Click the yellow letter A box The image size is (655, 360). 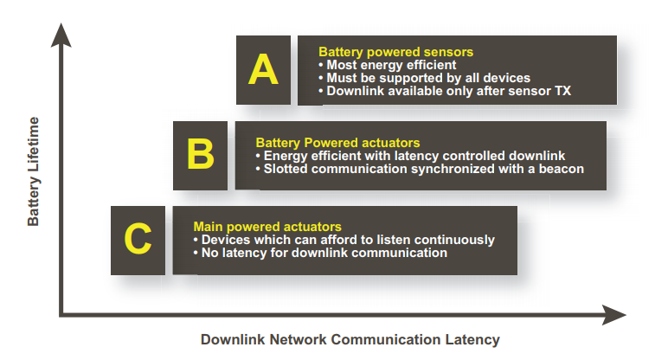pos(263,70)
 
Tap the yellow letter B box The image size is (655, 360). pos(201,156)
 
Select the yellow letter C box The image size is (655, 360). pos(138,240)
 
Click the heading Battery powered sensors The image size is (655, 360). pos(395,52)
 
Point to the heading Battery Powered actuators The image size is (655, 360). pos(337,143)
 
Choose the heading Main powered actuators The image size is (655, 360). pos(267,227)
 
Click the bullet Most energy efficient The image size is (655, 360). pos(388,65)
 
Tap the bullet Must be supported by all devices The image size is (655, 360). pos(425,78)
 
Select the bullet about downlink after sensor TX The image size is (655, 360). pos(445,91)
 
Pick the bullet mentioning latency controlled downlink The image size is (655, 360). pos(410,156)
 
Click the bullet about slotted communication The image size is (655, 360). pos(420,169)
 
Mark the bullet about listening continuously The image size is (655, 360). pos(344,240)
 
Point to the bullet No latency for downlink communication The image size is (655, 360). pos(320,253)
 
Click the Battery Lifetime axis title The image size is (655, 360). pos(33,171)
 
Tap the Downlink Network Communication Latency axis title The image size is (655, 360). pos(350,339)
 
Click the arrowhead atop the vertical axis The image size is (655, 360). pos(61,35)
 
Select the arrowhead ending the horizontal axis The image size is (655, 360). pos(614,315)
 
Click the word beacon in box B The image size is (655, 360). pos(562,169)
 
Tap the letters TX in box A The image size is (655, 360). pos(562,91)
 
